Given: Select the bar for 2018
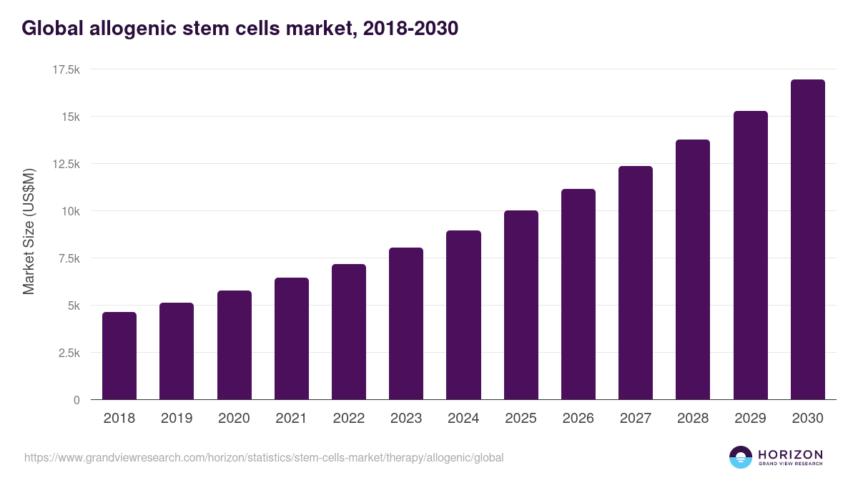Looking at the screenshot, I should point(119,356).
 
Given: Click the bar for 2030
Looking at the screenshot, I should point(807,240).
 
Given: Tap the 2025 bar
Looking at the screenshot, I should point(521,305).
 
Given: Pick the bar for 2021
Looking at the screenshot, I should point(292,338).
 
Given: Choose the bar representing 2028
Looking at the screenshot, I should point(693,270).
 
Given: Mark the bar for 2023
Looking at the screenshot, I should point(406,323).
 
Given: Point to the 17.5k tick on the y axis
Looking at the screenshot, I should point(64,69).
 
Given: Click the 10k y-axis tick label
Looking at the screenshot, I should point(69,211).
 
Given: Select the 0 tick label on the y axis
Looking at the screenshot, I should point(76,400).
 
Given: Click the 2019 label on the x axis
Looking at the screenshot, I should point(177,419).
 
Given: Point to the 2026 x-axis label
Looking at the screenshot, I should point(578,419).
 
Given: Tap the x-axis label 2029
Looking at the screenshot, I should point(750,419).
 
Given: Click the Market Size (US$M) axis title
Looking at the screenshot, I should point(29,232).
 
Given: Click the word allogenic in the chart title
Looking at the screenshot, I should point(133,29).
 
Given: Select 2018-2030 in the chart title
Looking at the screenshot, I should point(410,29).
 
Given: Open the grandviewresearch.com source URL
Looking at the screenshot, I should point(264,457).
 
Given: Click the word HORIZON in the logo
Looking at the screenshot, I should point(790,454).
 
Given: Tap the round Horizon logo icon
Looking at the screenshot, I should point(741,457).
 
